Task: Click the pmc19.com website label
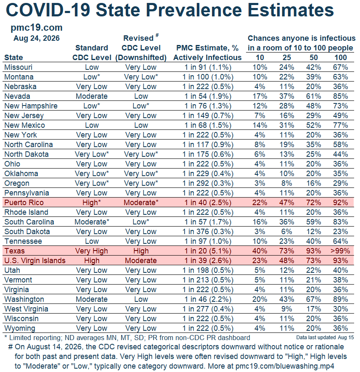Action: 37,28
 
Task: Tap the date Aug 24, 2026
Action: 37,38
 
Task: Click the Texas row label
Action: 14,251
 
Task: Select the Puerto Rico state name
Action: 24,203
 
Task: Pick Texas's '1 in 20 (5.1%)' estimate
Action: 208,251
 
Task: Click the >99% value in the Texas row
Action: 340,251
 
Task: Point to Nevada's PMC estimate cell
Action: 208,96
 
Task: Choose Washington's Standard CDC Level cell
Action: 92,299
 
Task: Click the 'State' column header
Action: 13,58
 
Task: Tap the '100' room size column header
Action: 341,58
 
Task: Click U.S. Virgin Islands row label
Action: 35,261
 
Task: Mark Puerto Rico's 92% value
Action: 340,203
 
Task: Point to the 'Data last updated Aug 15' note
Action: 325,338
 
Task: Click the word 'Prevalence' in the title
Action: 194,10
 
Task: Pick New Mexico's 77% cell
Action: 340,125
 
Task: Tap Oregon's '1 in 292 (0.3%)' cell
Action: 208,183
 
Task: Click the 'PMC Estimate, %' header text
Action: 207,48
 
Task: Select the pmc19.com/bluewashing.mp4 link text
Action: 285,366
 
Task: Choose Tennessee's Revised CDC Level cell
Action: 141,241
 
